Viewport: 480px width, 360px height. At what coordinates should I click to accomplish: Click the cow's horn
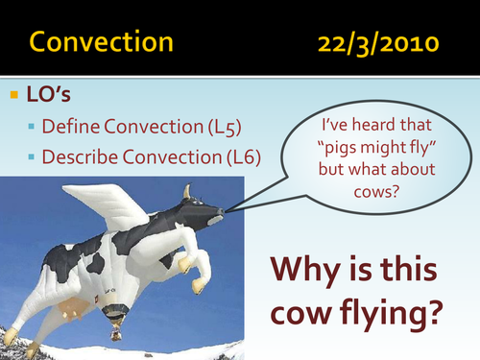point(188,191)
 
